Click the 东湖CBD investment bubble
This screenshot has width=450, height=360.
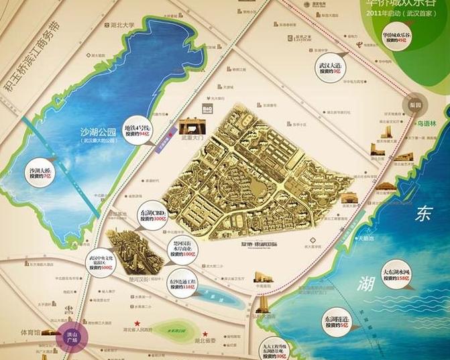tap(152, 215)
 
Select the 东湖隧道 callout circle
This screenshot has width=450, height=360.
tap(334, 324)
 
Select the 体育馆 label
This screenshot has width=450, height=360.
tap(31, 333)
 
